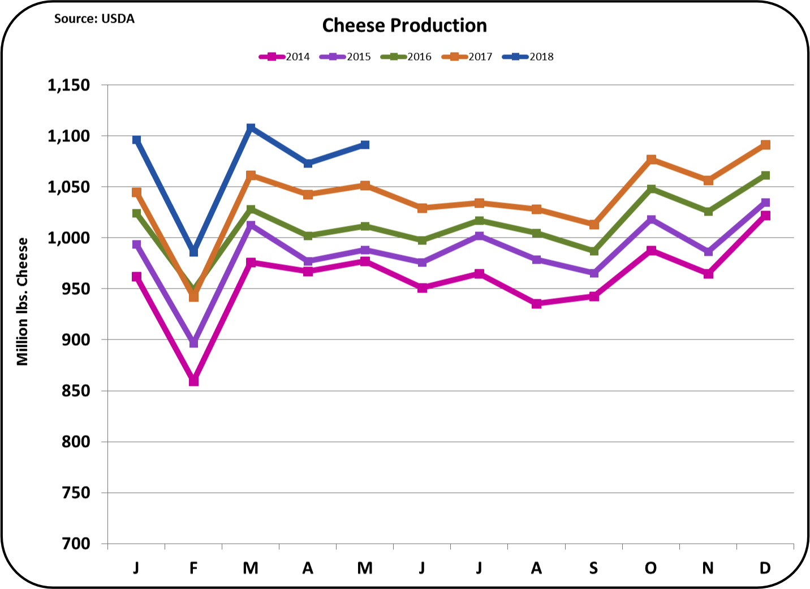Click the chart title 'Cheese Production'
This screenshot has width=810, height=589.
[404, 25]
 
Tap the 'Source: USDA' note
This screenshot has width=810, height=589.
[94, 19]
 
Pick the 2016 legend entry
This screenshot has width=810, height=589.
[406, 57]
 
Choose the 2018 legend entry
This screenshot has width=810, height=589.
[528, 57]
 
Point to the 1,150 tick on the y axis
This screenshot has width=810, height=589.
[68, 85]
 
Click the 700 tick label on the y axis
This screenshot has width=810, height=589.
[76, 544]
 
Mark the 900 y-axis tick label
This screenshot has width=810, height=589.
[76, 340]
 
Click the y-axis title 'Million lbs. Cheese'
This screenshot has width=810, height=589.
[22, 302]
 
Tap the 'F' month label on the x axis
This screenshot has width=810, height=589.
[193, 567]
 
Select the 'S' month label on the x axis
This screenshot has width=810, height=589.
[593, 567]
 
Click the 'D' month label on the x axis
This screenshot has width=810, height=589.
[765, 567]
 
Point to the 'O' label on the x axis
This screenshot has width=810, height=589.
[650, 567]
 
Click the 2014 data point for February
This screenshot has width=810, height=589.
[193, 381]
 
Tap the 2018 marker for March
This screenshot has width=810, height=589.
[251, 128]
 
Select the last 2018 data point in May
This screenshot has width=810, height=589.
[365, 145]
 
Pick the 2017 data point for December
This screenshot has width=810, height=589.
[765, 145]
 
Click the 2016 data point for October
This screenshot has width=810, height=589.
[651, 189]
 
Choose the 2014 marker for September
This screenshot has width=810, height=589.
[594, 296]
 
